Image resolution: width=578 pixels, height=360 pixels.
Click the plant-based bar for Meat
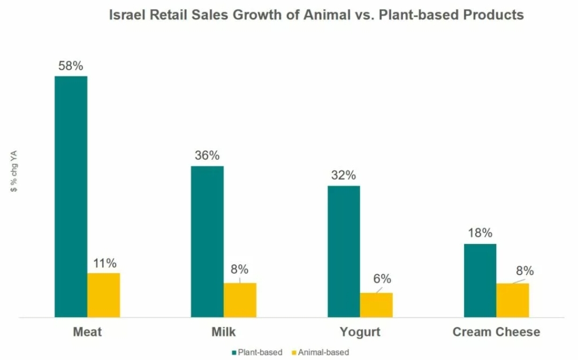coord(71,197)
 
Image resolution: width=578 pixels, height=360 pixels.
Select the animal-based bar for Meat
coord(104,295)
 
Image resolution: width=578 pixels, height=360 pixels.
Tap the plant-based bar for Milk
coord(208,242)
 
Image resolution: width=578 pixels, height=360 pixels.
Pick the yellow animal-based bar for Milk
coord(240,300)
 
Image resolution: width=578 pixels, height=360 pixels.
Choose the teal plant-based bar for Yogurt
coord(344,251)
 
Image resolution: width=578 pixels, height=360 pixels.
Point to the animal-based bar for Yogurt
coord(377,305)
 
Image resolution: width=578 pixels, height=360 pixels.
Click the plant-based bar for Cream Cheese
coord(480,281)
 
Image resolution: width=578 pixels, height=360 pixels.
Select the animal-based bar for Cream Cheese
coord(513,300)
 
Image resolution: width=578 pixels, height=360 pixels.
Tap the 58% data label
coord(71,66)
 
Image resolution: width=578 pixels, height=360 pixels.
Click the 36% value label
coord(207,156)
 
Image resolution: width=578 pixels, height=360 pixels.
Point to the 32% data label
coord(344,175)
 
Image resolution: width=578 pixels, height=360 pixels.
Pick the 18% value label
coord(480,233)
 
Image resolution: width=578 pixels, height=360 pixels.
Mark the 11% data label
coord(104,263)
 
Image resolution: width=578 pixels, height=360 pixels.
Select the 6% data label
coord(382,279)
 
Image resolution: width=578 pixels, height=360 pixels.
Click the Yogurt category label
coord(360,332)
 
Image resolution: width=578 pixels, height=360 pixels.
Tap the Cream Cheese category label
coord(496,332)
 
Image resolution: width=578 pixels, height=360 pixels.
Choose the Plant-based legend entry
coord(257,353)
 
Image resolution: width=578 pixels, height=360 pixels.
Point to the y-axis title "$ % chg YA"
coord(16,171)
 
